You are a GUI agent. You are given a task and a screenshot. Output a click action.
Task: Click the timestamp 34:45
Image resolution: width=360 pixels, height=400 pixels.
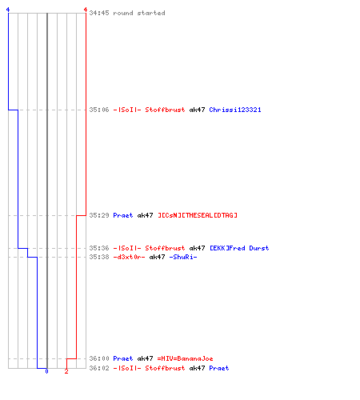(x=99, y=13)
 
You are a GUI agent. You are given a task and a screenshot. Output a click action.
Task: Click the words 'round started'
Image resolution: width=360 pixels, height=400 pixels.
(x=139, y=13)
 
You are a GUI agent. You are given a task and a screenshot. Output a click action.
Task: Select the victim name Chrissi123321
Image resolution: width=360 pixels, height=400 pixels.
(x=235, y=110)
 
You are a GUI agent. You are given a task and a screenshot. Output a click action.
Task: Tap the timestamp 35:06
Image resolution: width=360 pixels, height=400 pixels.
(x=99, y=110)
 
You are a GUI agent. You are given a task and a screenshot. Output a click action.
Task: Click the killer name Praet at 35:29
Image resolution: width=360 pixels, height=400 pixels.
(x=123, y=215)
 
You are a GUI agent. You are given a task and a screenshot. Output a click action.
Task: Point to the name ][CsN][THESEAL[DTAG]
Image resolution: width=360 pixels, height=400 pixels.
(x=198, y=215)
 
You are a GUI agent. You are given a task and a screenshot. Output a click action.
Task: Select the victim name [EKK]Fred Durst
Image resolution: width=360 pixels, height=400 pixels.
(x=239, y=248)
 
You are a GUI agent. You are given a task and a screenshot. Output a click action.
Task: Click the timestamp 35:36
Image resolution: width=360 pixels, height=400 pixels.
(x=99, y=248)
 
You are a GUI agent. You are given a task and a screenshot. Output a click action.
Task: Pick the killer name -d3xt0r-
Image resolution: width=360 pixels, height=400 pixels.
(x=129, y=257)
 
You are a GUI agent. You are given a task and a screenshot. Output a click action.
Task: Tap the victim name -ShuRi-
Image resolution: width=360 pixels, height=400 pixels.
(x=183, y=257)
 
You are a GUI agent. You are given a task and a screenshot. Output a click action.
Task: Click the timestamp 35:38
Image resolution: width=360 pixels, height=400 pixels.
(x=99, y=257)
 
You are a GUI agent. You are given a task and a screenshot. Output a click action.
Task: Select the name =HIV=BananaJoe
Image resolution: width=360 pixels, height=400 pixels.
(x=185, y=358)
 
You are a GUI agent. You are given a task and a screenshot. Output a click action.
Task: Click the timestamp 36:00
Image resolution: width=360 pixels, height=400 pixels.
(x=99, y=358)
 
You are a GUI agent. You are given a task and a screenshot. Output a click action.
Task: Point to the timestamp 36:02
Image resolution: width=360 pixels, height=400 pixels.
(x=99, y=368)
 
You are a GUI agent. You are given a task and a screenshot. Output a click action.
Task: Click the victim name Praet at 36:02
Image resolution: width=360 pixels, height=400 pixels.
(x=219, y=368)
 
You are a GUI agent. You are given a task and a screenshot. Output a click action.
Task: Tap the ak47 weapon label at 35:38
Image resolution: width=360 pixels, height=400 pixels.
(x=157, y=257)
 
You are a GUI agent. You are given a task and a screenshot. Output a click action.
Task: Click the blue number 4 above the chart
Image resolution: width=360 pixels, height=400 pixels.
(x=8, y=10)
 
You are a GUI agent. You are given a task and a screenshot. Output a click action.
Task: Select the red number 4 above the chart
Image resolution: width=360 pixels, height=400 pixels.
(x=86, y=10)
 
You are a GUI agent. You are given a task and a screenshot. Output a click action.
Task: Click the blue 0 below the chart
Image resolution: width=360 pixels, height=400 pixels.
(x=46, y=371)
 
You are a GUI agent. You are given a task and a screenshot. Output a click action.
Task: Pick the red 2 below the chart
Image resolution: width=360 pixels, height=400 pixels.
(x=66, y=371)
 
